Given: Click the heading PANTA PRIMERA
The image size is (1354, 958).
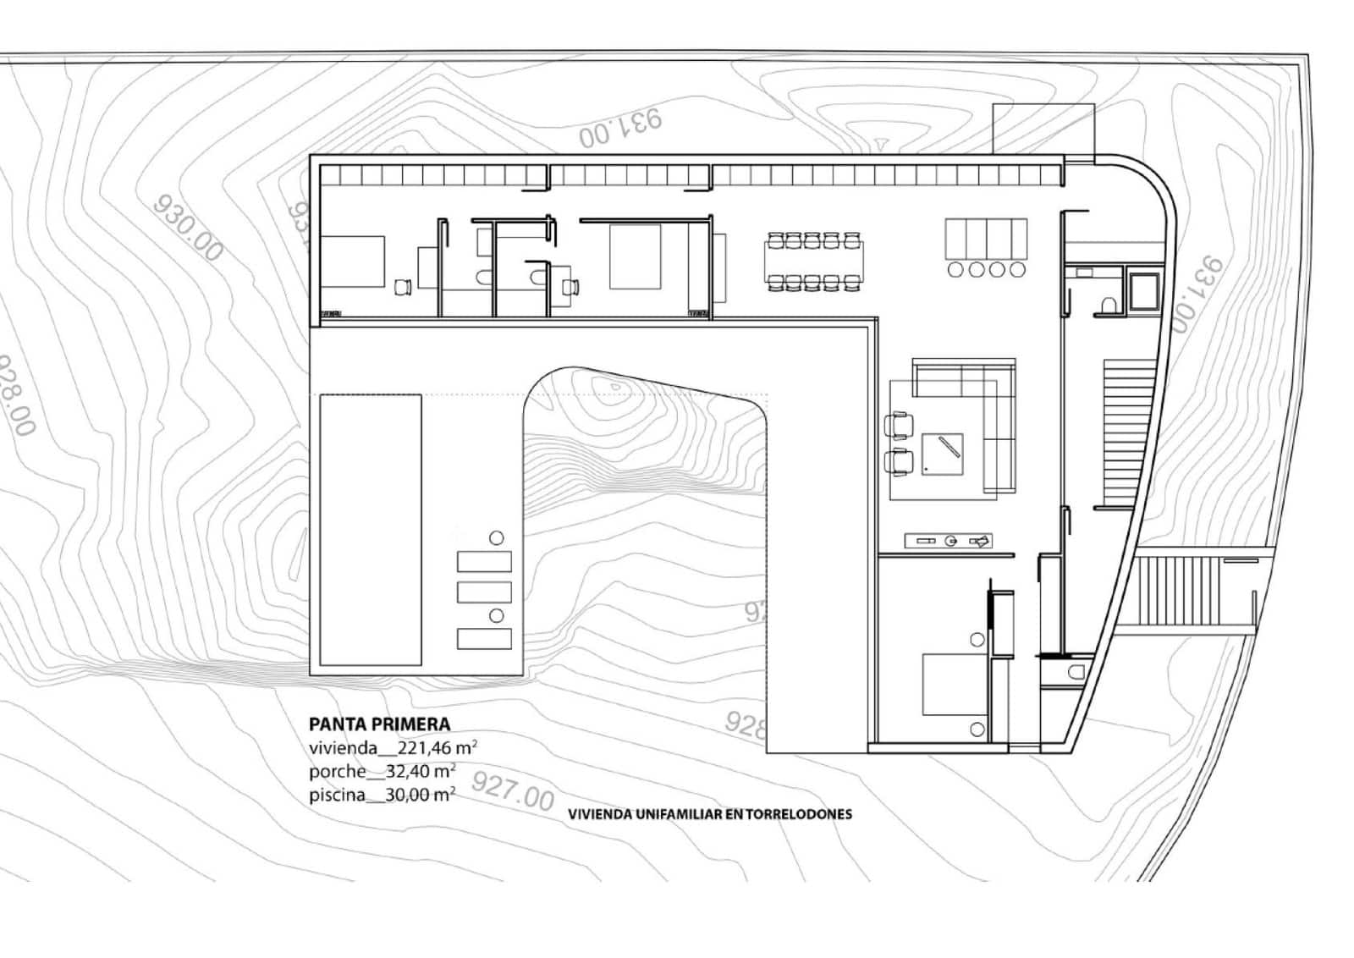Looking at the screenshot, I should click(379, 724).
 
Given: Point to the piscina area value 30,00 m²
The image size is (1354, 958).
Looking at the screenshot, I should click(420, 795).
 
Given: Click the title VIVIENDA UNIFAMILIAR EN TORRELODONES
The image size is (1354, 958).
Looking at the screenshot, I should click(709, 814).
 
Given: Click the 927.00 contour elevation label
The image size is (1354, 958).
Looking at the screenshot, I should click(512, 790).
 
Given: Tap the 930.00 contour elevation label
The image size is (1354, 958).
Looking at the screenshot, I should click(189, 228).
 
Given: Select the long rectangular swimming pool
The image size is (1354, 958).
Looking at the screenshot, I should click(371, 530).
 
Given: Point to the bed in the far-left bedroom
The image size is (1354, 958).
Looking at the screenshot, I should click(350, 262).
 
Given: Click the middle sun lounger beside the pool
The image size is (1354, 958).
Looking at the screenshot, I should click(484, 592).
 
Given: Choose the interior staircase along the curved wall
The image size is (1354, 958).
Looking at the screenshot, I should click(1128, 432).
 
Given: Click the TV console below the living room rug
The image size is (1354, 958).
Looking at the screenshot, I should click(948, 541).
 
